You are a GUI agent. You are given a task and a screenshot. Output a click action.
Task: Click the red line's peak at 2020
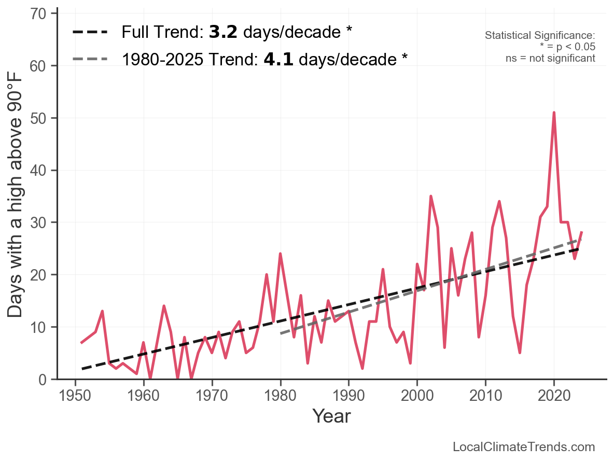tap(554, 113)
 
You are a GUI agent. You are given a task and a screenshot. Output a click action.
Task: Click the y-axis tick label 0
tap(44, 380)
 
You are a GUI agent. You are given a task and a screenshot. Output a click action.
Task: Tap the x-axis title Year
tap(331, 416)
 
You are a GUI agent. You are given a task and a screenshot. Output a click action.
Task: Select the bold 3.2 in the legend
tap(223, 32)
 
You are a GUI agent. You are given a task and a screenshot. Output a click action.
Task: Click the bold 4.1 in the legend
tap(278, 59)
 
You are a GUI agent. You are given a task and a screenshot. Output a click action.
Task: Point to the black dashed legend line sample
tap(90, 32)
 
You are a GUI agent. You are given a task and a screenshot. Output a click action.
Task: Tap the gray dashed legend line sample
tap(90, 59)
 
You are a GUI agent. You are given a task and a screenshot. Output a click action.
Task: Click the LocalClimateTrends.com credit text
tap(524, 447)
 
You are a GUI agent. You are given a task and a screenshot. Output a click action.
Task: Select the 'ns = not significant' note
tap(550, 58)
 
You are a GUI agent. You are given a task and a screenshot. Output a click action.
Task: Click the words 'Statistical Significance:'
tap(540, 35)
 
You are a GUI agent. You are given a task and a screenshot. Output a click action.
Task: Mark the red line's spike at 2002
tap(431, 196)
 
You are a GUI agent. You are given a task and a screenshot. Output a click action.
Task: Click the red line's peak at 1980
tap(281, 254)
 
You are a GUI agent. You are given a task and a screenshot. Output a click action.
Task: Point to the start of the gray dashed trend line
tap(281, 333)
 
